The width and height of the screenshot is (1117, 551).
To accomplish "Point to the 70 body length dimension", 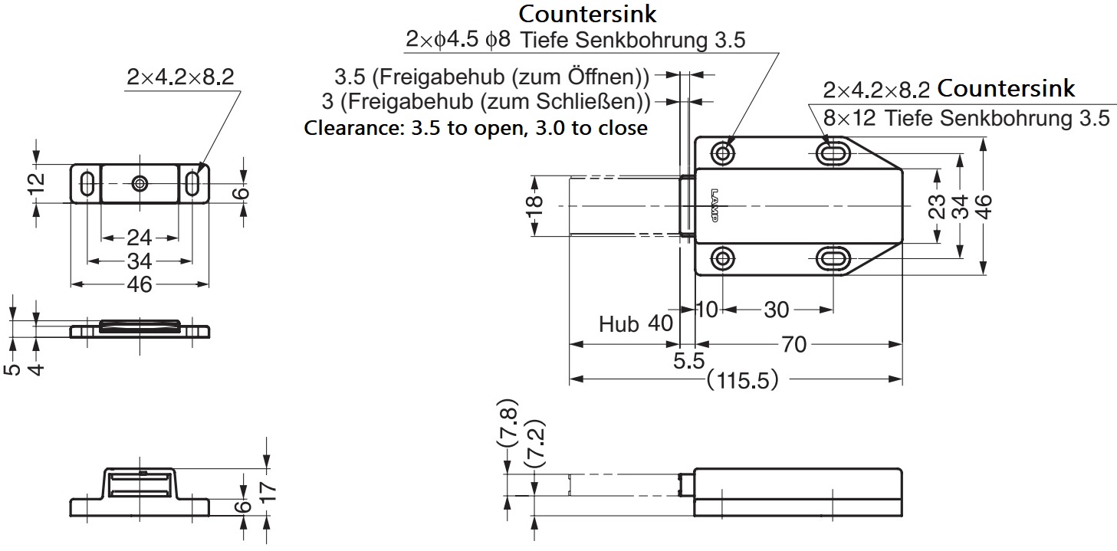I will coord(794,345).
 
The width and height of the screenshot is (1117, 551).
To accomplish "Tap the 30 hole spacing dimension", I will coord(776,310).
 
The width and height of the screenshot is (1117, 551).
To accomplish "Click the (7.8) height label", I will coord(508,425).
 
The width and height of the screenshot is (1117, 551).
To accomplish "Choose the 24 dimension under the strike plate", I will coord(139,236).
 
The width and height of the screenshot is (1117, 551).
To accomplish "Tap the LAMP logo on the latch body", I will coord(715,205).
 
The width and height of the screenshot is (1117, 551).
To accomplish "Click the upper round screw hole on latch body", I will coord(723,153).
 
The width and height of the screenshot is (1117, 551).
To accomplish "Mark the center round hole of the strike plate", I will coord(140,183).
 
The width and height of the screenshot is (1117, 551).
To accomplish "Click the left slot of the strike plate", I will coord(87,183).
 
